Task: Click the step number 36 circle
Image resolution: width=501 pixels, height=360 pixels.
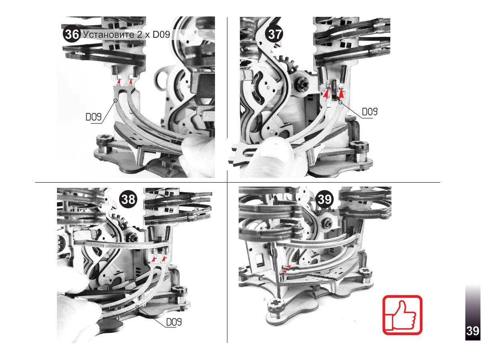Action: (x=71, y=35)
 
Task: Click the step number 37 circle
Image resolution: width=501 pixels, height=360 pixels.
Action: (x=274, y=35)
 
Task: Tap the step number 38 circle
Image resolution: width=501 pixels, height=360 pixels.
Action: (x=128, y=199)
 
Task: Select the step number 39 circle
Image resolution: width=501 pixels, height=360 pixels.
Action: (x=325, y=199)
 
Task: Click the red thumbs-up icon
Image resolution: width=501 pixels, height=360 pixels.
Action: (x=402, y=315)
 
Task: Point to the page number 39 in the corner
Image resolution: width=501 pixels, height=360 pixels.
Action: (x=473, y=330)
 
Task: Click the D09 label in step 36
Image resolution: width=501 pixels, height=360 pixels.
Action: (x=93, y=117)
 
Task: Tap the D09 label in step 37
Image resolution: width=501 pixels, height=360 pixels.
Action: (x=370, y=112)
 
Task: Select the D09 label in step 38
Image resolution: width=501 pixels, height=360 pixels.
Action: (x=174, y=322)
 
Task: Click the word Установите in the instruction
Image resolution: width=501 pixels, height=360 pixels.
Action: (x=112, y=35)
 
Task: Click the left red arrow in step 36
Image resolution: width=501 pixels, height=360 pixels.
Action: (x=118, y=83)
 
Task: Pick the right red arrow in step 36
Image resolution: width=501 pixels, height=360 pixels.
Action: (x=131, y=83)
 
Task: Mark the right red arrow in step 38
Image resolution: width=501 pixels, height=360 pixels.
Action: (x=164, y=259)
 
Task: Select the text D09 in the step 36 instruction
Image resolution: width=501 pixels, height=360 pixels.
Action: (x=161, y=35)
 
